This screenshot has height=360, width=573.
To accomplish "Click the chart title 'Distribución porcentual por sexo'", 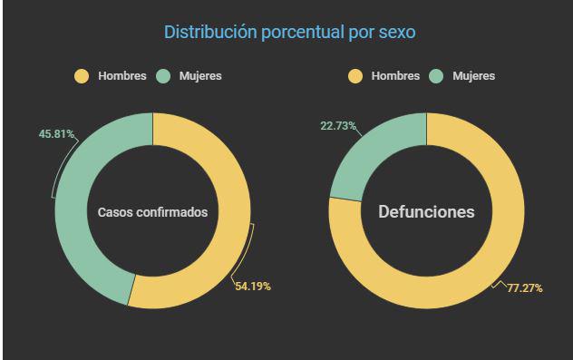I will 290,33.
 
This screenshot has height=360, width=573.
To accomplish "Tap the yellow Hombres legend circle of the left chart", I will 82,76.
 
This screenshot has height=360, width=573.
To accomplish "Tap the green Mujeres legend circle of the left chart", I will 165,76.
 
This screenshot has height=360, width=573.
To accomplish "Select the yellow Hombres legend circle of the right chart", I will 355,76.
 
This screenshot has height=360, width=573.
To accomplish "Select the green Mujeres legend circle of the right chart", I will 438,76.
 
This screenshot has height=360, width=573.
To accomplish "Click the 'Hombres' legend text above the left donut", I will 121,76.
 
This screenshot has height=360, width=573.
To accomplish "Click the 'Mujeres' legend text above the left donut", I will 200,76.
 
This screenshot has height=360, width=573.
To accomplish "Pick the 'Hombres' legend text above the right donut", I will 395,76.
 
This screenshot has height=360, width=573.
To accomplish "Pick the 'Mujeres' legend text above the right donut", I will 474,76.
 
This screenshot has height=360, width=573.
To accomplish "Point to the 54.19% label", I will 251,287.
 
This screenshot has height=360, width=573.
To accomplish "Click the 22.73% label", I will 338,126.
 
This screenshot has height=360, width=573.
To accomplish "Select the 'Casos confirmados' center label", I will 152,212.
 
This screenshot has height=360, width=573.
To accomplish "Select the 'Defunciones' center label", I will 426,212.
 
